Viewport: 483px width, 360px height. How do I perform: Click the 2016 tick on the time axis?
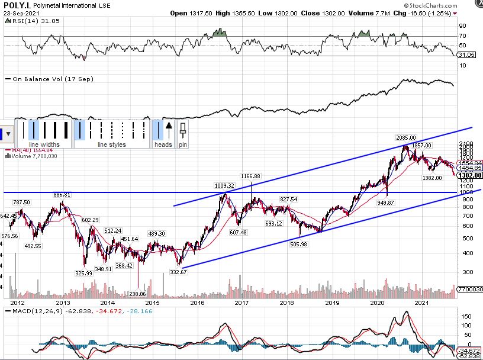click(197, 303)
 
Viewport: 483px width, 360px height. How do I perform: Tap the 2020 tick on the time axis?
click(378, 303)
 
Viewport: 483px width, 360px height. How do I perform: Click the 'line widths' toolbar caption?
click(44, 144)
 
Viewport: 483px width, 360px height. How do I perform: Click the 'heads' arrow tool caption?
click(163, 144)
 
